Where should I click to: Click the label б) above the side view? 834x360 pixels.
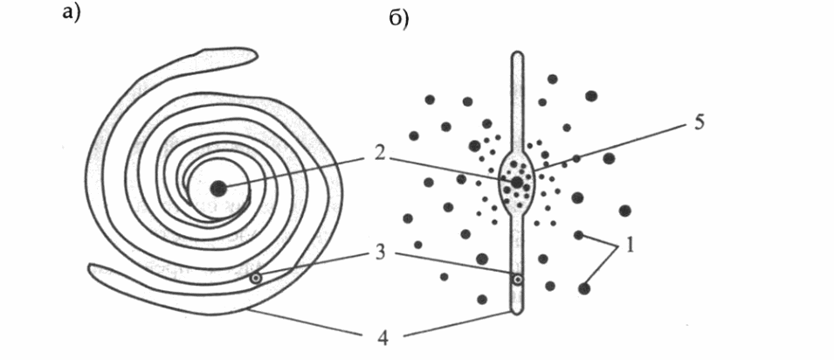(x=399, y=18)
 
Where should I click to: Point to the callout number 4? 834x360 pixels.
(x=379, y=338)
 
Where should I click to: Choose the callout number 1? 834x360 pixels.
(x=630, y=247)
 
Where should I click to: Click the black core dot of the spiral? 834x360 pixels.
(x=218, y=188)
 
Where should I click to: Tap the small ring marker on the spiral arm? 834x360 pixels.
(x=257, y=278)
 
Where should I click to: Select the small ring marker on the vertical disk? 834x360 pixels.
(x=516, y=279)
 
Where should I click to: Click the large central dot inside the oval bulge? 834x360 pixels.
(x=516, y=182)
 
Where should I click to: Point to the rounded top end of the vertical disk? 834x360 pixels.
(x=517, y=54)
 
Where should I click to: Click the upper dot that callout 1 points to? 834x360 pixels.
(x=579, y=235)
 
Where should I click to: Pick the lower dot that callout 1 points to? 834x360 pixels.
(x=584, y=288)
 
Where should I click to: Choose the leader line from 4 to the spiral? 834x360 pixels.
(x=303, y=322)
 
